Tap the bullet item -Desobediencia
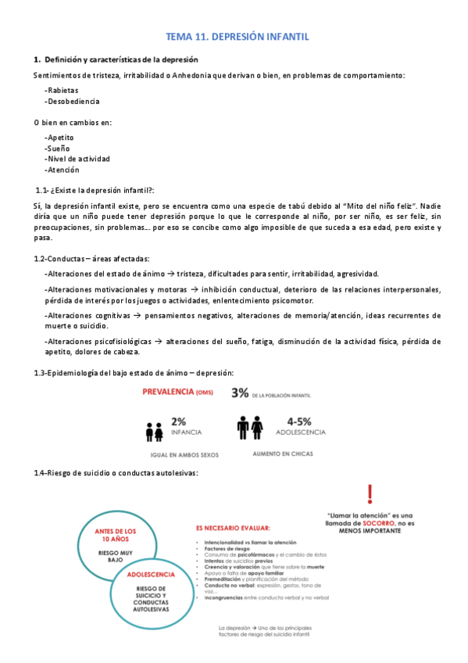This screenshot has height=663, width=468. click(x=72, y=101)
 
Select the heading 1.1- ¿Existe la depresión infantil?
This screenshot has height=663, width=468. click(x=95, y=190)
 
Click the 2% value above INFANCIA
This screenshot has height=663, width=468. click(x=178, y=421)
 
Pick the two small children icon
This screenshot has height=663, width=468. click(x=153, y=430)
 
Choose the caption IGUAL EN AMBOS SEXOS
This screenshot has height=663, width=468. click(x=184, y=454)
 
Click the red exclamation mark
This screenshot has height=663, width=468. click(x=370, y=493)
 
